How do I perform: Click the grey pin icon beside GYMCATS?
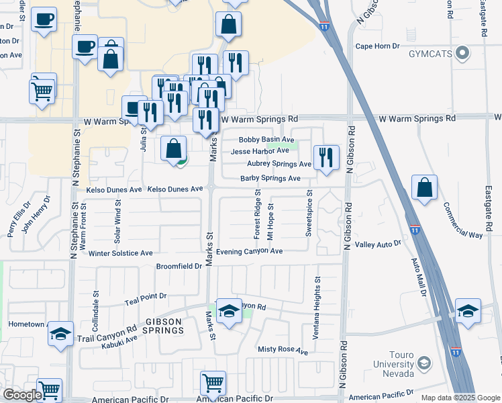click(x=462, y=52)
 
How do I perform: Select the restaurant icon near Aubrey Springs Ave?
click(x=326, y=158)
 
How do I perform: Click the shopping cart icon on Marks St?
click(x=213, y=384)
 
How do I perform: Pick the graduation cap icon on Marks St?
click(x=229, y=312)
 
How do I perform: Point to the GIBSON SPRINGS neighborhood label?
click(x=163, y=326)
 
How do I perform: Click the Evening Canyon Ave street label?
click(x=249, y=251)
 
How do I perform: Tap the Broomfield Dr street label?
click(x=179, y=266)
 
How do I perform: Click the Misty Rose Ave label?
click(x=283, y=351)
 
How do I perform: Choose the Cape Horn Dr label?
click(x=377, y=46)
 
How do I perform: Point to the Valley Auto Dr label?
click(x=378, y=244)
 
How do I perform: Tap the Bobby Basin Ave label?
click(x=266, y=140)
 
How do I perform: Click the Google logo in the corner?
click(x=22, y=396)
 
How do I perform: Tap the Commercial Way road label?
click(x=462, y=222)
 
